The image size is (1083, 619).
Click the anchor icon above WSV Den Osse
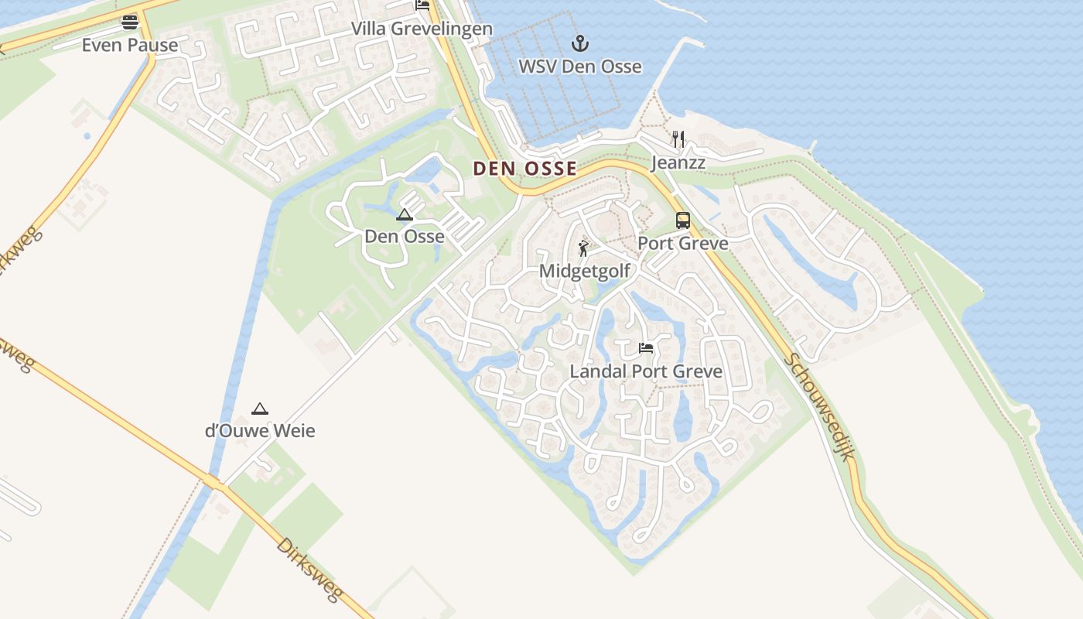pos(579,43)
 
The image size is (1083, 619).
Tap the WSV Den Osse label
pos(579,67)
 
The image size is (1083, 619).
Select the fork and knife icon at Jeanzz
pos(678,139)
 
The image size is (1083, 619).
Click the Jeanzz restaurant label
pos(678,162)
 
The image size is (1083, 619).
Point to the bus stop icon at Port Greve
pos(682,221)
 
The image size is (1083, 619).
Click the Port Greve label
pos(682,243)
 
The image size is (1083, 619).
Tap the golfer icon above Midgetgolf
pos(583,248)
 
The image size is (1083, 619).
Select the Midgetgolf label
pos(584,271)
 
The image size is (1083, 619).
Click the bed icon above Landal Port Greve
pos(646,348)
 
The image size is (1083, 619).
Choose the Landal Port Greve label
pos(646,371)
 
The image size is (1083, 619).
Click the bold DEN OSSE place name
pos(524,168)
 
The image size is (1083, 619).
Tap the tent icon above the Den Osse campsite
pos(404,215)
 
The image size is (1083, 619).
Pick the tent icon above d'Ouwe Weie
pos(260,409)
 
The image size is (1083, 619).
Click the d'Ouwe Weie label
pos(260,431)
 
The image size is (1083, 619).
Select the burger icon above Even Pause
pos(130,22)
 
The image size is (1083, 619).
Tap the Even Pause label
pos(130,45)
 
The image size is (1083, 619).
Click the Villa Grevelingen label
pos(422,29)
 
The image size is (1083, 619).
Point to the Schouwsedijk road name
pos(819,406)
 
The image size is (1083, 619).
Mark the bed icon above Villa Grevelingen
pos(422,5)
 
